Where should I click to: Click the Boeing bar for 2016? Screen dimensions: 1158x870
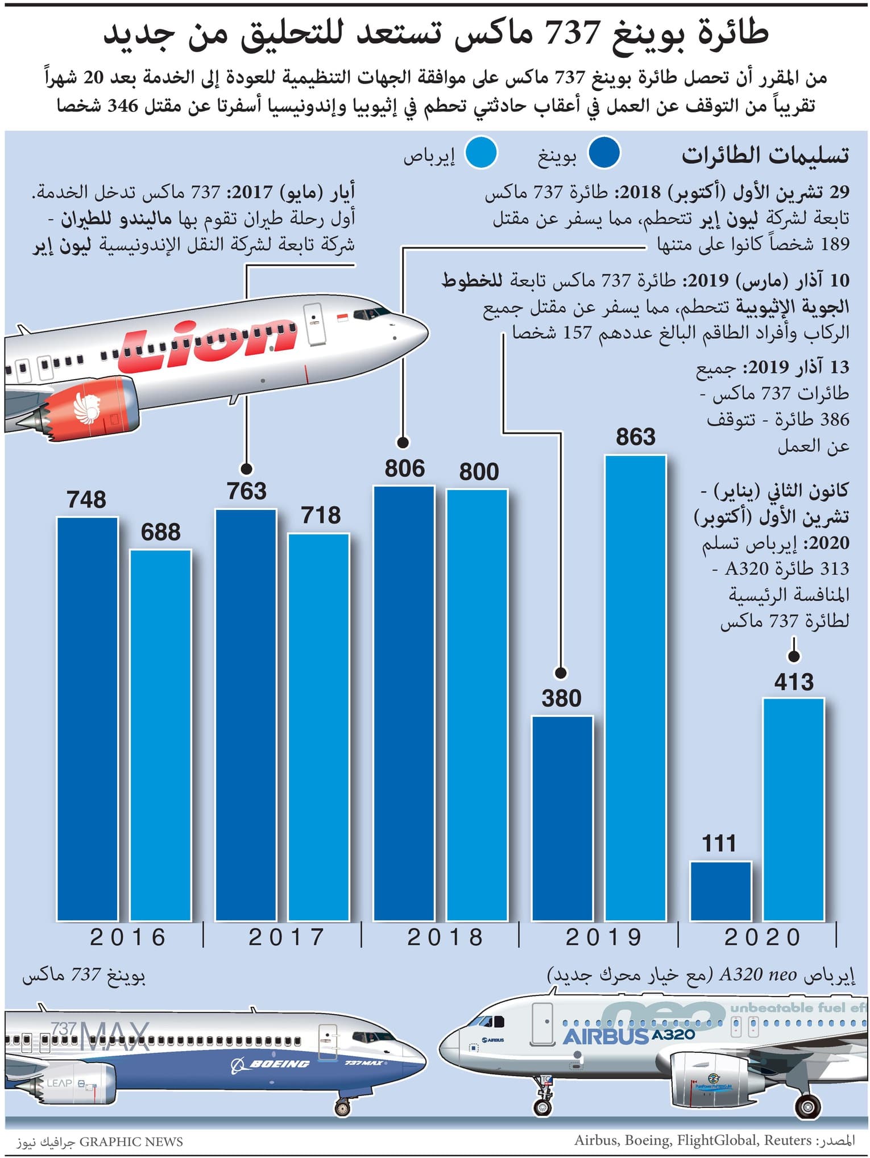(x=88, y=719)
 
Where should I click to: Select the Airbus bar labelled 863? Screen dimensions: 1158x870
(x=635, y=688)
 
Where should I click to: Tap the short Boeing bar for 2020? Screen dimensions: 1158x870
(x=720, y=891)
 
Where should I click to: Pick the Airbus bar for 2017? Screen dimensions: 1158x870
(x=319, y=727)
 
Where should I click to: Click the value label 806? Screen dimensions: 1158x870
(x=404, y=468)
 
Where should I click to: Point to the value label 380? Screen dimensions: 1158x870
(x=561, y=698)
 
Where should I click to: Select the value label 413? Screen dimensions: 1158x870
(x=794, y=682)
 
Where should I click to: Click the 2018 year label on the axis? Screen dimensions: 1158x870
(x=445, y=937)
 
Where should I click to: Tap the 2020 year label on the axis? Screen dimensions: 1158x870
(x=763, y=937)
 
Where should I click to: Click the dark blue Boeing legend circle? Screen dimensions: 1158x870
(x=603, y=153)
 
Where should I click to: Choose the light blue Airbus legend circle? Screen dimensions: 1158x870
(x=480, y=153)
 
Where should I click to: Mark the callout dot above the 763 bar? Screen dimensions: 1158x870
(x=246, y=468)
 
